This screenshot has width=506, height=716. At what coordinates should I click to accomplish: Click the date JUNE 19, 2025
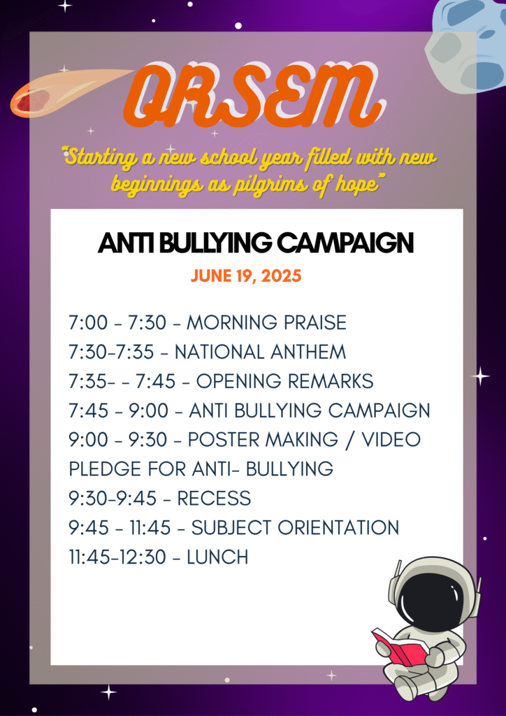(246, 275)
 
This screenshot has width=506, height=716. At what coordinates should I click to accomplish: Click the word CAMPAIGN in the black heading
(346, 243)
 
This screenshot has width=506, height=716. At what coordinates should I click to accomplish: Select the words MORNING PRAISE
(266, 323)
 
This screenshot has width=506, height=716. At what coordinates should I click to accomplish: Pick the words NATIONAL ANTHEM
(260, 352)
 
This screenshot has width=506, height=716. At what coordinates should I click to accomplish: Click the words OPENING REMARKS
(284, 381)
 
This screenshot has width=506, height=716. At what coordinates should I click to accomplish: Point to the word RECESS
(214, 498)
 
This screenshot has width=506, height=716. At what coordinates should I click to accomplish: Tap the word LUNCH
(217, 557)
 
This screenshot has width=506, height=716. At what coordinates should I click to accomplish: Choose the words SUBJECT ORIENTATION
(295, 528)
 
